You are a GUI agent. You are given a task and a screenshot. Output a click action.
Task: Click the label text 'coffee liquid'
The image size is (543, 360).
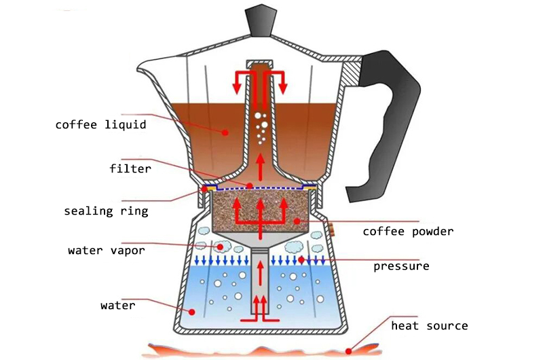(100, 125)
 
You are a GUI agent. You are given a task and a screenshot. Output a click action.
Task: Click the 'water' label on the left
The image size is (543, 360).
(117, 305)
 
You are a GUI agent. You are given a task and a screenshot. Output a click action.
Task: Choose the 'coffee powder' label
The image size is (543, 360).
(407, 232)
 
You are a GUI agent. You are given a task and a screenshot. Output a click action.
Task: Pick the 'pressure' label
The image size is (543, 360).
(401, 266)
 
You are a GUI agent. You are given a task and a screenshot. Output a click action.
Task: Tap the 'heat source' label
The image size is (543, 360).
(429, 326)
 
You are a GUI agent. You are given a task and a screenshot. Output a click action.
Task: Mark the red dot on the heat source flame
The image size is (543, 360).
(349, 351)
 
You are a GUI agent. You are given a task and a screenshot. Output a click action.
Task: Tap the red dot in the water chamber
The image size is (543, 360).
(192, 312)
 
